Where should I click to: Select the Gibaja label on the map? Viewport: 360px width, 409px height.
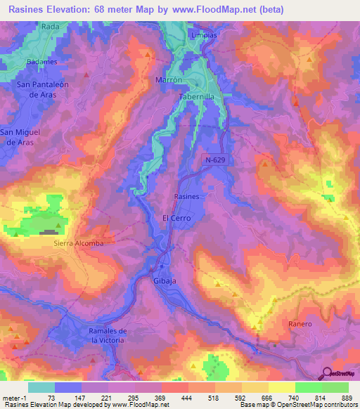pyautogui.click(x=164, y=280)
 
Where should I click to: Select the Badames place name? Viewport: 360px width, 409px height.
pyautogui.click(x=41, y=61)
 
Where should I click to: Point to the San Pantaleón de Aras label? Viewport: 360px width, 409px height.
pyautogui.click(x=41, y=89)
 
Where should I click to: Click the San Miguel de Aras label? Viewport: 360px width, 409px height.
pyautogui.click(x=20, y=136)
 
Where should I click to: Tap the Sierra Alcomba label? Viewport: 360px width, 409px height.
pyautogui.click(x=79, y=243)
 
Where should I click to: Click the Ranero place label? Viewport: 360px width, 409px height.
pyautogui.click(x=300, y=324)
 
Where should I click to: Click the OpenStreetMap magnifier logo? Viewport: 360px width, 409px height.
pyautogui.click(x=328, y=373)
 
